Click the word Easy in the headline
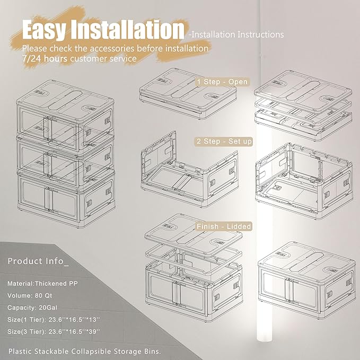pyautogui.click(x=44, y=30)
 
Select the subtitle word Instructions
pyautogui.click(x=260, y=34)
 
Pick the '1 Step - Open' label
pyautogui.click(x=222, y=82)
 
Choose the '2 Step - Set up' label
pyautogui.click(x=224, y=141)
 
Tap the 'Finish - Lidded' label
pyautogui.click(x=224, y=226)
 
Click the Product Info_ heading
pyautogui.click(x=38, y=261)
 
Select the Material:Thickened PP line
pyautogui.click(x=42, y=284)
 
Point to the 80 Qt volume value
pyautogui.click(x=43, y=295)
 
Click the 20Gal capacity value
pyautogui.click(x=48, y=308)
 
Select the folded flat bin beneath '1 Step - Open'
pyautogui.click(x=188, y=94)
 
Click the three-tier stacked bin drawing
pyautogui.click(x=66, y=154)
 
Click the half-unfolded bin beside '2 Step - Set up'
pyautogui.click(x=189, y=170)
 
